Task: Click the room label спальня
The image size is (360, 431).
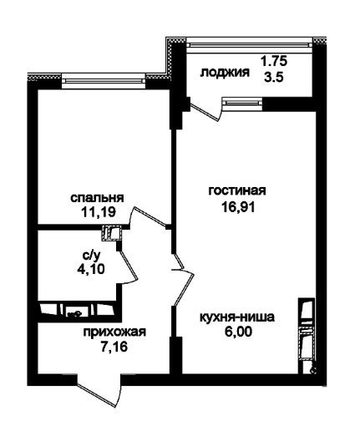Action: (x=97, y=199)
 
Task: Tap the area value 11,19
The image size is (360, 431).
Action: (x=99, y=213)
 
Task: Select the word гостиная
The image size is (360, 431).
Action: (x=237, y=191)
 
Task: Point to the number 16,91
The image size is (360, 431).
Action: (x=238, y=207)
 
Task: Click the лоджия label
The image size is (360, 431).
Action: (x=225, y=73)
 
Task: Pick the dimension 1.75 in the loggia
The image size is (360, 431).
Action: (x=274, y=61)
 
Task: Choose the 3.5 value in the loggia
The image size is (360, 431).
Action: (x=274, y=77)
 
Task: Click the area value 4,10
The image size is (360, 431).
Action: (x=91, y=269)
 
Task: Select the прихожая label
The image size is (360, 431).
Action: (x=114, y=332)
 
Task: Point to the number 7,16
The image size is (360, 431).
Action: (x=114, y=347)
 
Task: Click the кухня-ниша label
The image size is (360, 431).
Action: (x=237, y=317)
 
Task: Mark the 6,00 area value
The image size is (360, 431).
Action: (x=238, y=332)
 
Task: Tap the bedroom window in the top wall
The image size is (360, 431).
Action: (x=104, y=81)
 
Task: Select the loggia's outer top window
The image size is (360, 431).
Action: (x=248, y=45)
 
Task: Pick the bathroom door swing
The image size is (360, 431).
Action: (x=129, y=266)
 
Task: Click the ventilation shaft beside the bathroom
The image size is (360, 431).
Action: (x=112, y=233)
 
